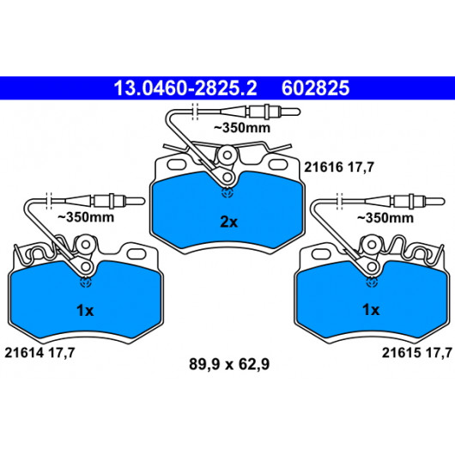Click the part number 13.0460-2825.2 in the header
tap(185, 88)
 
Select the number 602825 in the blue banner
tap(315, 88)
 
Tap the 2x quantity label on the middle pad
tap(229, 222)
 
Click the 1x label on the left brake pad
tap(85, 311)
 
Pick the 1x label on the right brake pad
tap(371, 310)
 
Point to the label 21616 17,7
tap(339, 167)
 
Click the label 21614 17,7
tap(39, 353)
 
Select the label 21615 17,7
tap(417, 353)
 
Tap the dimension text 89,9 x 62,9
tap(229, 364)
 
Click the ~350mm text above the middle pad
tap(242, 128)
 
